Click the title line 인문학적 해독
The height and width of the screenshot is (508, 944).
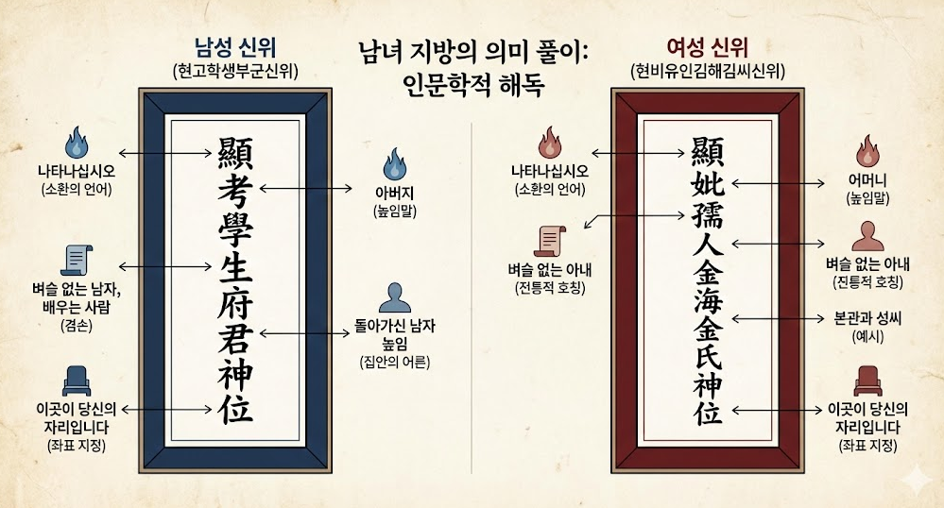coord(473,81)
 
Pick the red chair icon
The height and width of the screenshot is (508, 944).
coord(867,381)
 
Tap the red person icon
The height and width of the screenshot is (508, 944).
coord(867,235)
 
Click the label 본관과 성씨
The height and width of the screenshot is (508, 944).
coord(867,318)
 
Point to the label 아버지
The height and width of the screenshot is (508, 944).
coord(393,195)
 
